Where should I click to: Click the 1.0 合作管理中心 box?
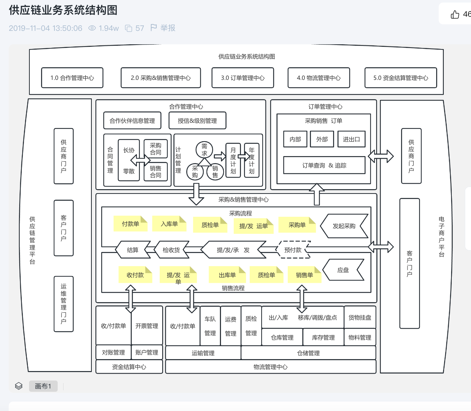pos(72,78)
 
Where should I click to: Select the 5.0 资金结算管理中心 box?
pos(401,78)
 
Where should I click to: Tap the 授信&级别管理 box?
pos(197,121)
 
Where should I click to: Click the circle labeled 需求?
pos(204,150)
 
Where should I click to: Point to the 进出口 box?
pos(351,139)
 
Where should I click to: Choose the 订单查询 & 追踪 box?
pos(324,165)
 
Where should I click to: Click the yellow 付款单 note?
pos(131,224)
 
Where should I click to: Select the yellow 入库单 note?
pos(169,224)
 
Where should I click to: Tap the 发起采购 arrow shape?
pos(344,226)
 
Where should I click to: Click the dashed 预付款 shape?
pos(293,250)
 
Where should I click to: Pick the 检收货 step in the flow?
pos(171,250)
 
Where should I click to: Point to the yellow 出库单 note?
pos(227,275)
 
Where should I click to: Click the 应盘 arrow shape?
pos(343,270)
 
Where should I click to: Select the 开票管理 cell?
pos(147,326)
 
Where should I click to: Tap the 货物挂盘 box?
pos(360,317)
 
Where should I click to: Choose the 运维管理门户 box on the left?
pos(64,304)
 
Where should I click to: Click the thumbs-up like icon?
pos(455,14)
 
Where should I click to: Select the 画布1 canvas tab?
pos(43,386)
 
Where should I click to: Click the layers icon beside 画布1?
pos(19,386)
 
